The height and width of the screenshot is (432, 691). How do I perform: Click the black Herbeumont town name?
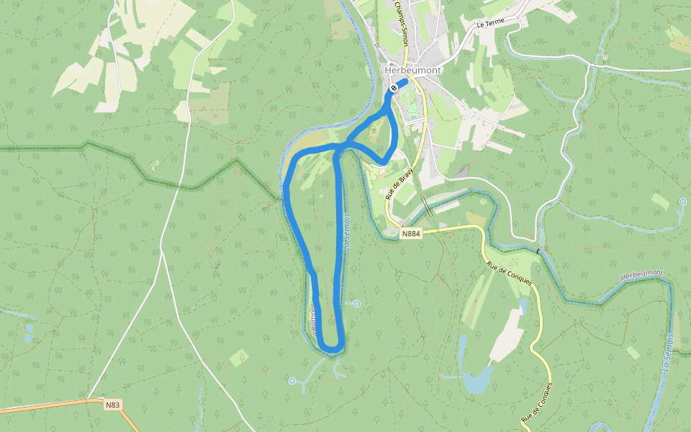412,71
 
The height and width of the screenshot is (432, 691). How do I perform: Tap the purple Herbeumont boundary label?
641,275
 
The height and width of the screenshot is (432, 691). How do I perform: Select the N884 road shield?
410,233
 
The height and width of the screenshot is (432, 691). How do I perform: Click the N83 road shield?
112,405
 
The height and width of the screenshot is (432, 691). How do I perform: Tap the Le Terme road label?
491,24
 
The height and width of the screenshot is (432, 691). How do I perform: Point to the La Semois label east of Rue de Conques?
667,354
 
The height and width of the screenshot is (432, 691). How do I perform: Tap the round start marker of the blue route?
394,88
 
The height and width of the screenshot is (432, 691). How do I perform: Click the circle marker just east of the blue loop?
356,304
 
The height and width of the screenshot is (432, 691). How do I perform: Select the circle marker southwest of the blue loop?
292,381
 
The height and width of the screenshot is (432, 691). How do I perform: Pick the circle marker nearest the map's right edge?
682,202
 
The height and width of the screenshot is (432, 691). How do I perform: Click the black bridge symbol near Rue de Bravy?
428,207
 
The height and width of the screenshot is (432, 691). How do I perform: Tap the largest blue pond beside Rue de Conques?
477,379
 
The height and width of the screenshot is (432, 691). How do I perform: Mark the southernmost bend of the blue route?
332,349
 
